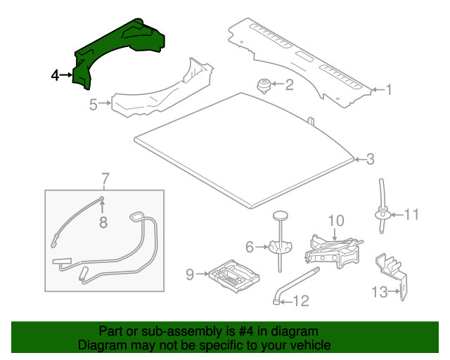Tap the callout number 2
pyautogui.click(x=288, y=86)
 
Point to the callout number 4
pyautogui.click(x=56, y=75)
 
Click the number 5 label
pyautogui.click(x=93, y=105)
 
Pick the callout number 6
pyautogui.click(x=250, y=246)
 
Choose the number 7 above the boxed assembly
pyautogui.click(x=105, y=179)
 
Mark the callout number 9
pyautogui.click(x=189, y=274)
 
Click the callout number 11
pyautogui.click(x=411, y=214)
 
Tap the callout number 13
pyautogui.click(x=379, y=291)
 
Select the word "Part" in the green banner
pyautogui.click(x=110, y=331)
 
